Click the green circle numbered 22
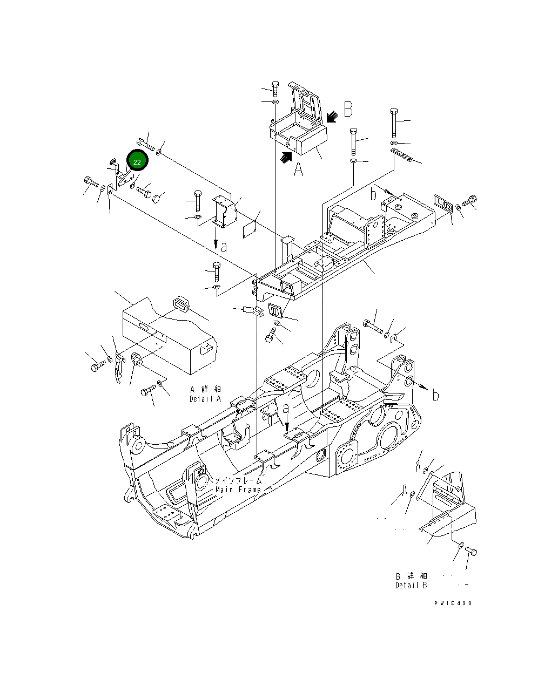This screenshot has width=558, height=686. [x=137, y=162]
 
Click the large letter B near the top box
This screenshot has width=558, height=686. [x=348, y=110]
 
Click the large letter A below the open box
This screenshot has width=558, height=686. [x=298, y=170]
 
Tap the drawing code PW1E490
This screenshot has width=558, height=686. [x=452, y=603]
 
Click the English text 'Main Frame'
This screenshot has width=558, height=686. [x=238, y=490]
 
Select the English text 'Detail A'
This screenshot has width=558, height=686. [x=205, y=399]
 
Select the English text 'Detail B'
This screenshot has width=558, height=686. [x=411, y=585]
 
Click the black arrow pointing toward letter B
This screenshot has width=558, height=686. [x=332, y=116]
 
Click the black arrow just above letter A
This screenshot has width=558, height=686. [x=285, y=157]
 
